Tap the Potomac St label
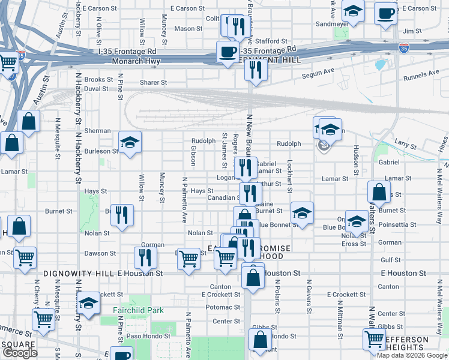pos(222,307)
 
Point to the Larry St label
pos(406,145)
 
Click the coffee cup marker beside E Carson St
pos(385,13)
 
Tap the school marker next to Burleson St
pos(129,143)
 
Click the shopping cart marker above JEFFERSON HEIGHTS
pos(375,338)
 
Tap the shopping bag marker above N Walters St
pos(378,192)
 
